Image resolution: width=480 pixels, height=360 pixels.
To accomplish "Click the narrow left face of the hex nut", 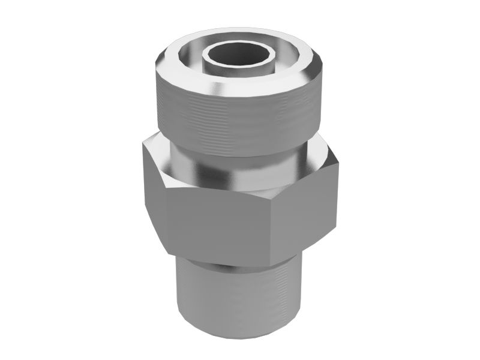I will (153, 192).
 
